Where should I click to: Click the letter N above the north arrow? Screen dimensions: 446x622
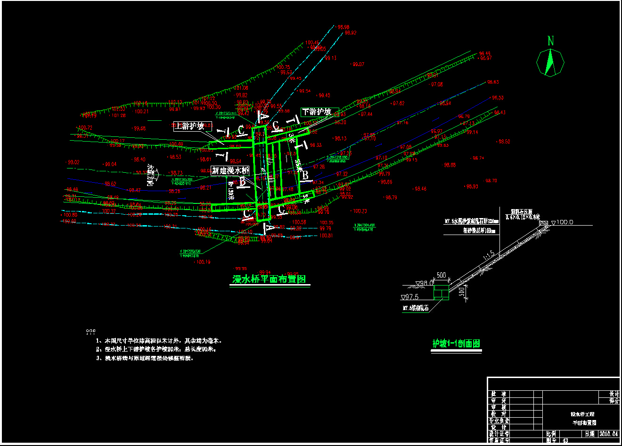click(x=550, y=41)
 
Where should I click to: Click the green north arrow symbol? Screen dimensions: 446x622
click(x=550, y=63)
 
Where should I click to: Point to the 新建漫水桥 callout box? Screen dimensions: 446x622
click(x=230, y=170)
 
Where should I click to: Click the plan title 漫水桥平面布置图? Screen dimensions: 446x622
click(x=270, y=279)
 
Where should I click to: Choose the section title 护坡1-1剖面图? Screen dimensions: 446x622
click(x=456, y=344)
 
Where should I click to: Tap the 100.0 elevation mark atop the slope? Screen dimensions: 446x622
click(x=565, y=222)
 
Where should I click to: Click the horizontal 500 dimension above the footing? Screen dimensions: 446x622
click(x=441, y=275)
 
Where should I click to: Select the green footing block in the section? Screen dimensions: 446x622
click(x=441, y=292)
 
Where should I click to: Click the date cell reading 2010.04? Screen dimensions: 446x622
click(x=608, y=433)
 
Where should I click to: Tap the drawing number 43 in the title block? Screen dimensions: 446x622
click(x=565, y=440)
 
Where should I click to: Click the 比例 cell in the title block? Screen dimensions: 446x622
click(x=551, y=433)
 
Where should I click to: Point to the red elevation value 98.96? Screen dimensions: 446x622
click(x=344, y=27)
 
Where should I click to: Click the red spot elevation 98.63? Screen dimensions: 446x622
click(x=493, y=82)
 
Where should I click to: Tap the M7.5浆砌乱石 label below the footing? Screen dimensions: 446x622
click(x=416, y=309)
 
